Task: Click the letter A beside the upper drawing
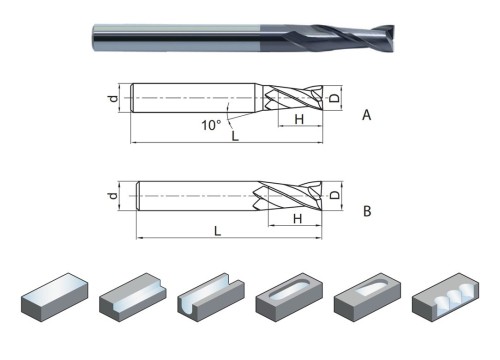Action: pos(366,116)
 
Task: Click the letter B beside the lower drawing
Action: pos(366,211)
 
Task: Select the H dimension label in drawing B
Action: pos(297,218)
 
